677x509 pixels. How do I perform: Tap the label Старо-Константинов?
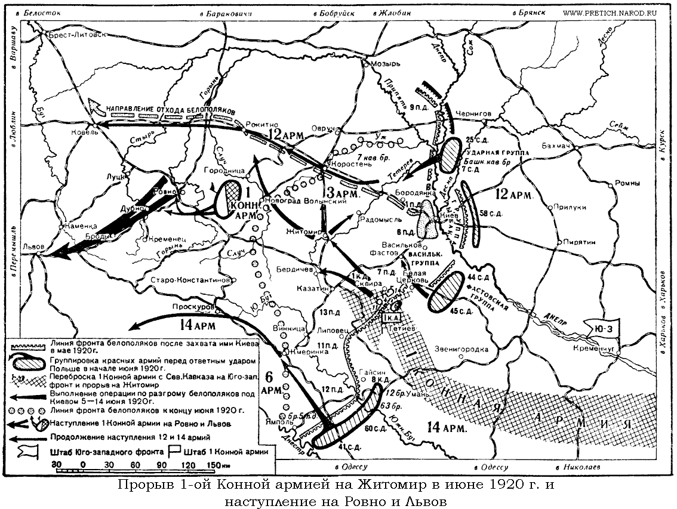click(189, 279)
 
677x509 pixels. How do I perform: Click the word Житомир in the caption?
click(389, 485)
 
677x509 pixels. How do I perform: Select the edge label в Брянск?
click(528, 13)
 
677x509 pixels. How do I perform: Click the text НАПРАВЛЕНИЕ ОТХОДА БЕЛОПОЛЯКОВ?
click(171, 111)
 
